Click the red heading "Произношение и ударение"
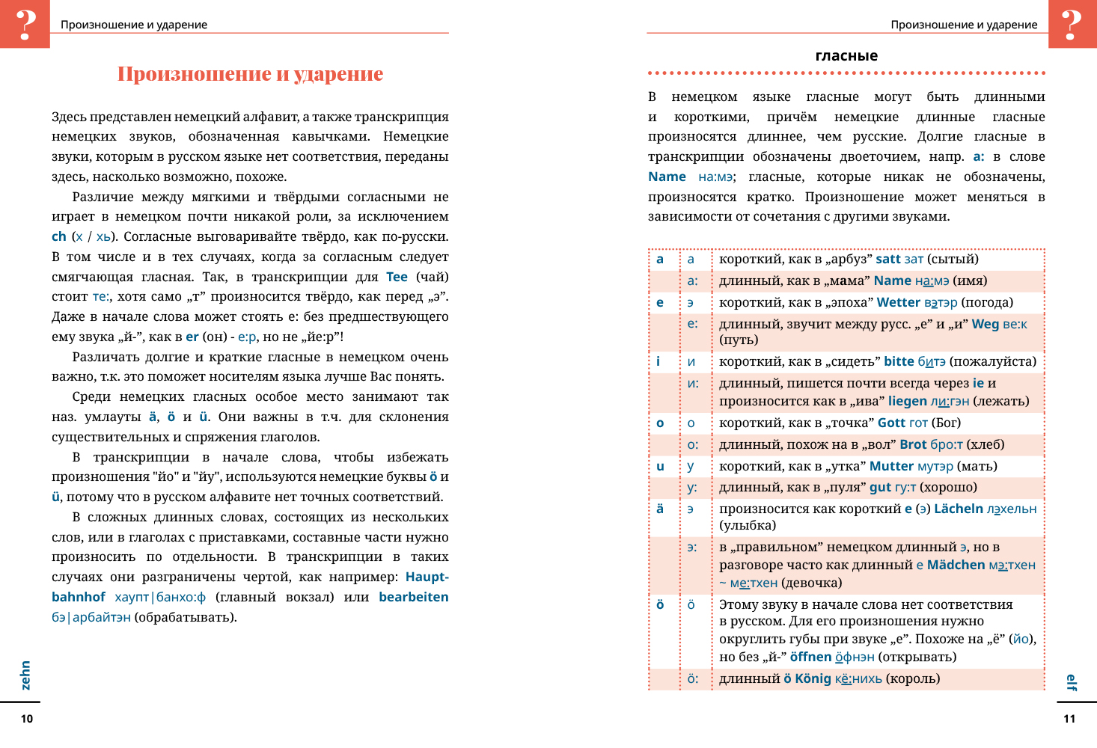tap(250, 74)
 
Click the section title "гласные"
tap(846, 56)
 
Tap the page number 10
tap(27, 719)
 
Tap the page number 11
tap(1069, 719)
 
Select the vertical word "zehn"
tap(25, 675)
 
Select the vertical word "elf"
tap(1071, 682)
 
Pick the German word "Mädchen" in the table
tap(956, 565)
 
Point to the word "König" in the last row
tap(813, 678)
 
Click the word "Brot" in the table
tap(913, 444)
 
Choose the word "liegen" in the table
tap(907, 401)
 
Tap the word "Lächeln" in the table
tap(958, 509)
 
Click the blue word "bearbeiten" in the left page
tap(413, 597)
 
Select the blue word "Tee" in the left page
tap(397, 277)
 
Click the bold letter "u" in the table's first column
tap(660, 466)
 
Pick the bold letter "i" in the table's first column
tap(658, 361)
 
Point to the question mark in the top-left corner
tap(25, 24)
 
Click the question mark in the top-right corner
tap(1072, 24)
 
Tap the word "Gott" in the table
tap(891, 423)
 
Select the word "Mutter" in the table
tap(891, 466)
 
